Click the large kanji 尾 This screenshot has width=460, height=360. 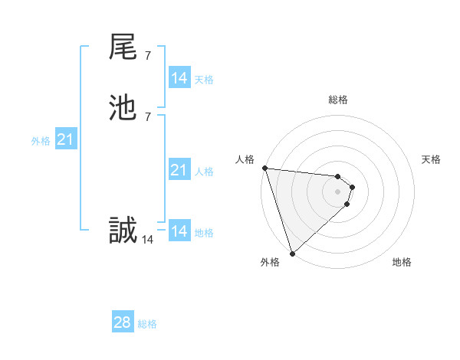[123, 47]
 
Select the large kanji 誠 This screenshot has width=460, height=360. [123, 230]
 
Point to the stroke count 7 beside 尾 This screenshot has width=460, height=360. [148, 55]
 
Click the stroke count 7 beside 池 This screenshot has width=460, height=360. [148, 116]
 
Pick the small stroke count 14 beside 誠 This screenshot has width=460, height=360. [148, 239]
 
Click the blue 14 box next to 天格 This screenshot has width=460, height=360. [179, 78]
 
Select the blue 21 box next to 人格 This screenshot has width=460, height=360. [179, 170]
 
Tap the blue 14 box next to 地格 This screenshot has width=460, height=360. [179, 231]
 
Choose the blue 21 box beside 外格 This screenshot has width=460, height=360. [65, 139]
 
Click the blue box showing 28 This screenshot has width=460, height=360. [123, 322]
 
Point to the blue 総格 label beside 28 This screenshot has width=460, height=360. [147, 324]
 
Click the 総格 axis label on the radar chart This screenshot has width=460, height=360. [337, 100]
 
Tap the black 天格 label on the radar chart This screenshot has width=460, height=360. [431, 159]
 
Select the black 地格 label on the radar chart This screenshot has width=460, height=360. [402, 262]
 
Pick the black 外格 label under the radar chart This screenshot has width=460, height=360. [270, 262]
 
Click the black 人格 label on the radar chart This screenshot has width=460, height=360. [245, 159]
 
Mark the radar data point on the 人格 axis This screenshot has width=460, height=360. [264, 168]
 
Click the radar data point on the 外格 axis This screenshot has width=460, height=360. [292, 253]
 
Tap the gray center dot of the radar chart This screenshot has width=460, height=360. [337, 191]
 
